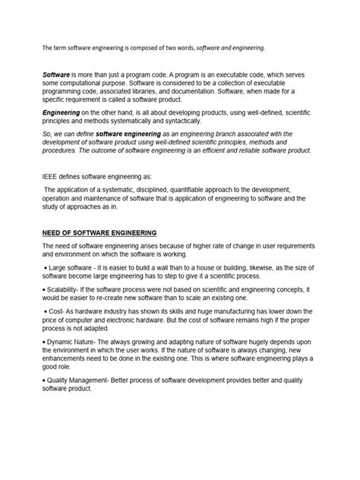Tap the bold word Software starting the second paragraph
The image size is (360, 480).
55,77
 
